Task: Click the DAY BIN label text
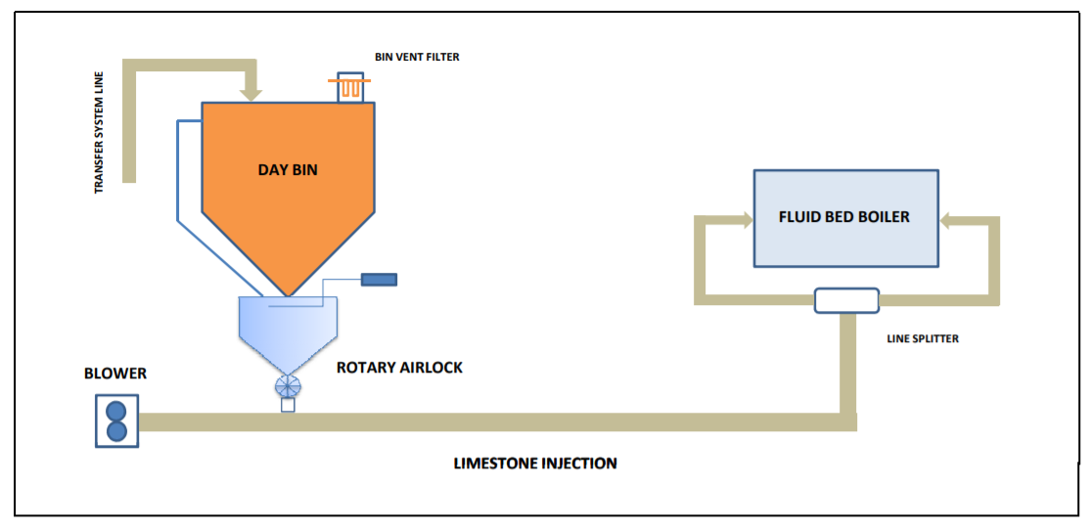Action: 288,170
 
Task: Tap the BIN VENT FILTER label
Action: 417,58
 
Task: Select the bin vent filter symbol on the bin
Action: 350,89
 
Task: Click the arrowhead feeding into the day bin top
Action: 251,95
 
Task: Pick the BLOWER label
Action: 115,374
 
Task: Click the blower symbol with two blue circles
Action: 116,420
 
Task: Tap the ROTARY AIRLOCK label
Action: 399,368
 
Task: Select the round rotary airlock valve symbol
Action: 288,384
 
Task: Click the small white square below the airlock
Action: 288,405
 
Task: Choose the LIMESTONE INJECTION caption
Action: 535,463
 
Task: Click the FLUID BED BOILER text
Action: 844,216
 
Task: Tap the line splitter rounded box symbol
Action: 846,300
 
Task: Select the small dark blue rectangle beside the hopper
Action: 379,280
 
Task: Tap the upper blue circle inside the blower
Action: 116,410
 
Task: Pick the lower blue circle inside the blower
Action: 116,431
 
